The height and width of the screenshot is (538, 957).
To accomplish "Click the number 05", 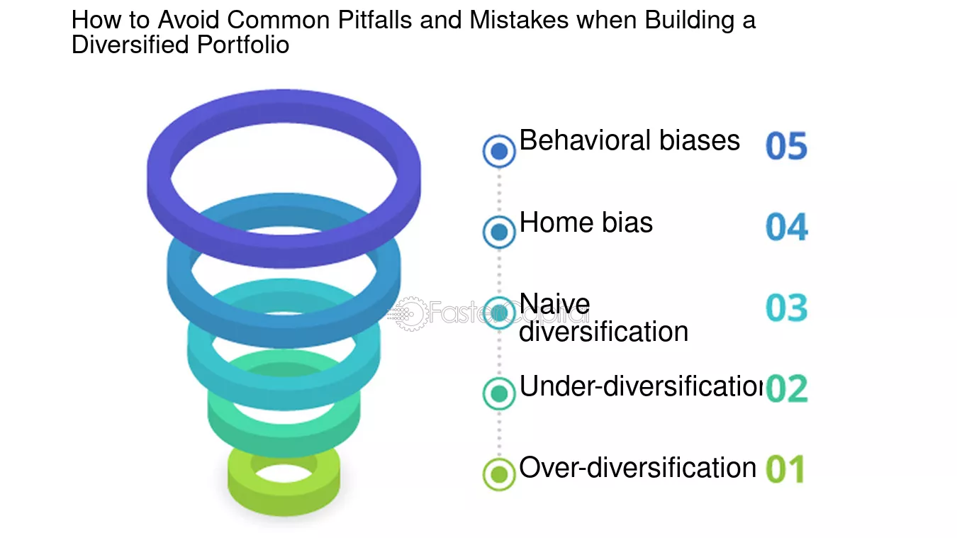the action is click(x=787, y=146).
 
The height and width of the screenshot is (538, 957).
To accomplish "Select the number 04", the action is click(x=787, y=227).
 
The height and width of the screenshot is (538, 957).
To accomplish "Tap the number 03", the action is click(x=787, y=308).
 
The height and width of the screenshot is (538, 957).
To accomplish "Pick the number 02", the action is click(x=787, y=388).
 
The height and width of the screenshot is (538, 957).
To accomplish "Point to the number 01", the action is click(x=785, y=469).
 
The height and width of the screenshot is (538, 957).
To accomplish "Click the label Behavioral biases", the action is click(x=629, y=140).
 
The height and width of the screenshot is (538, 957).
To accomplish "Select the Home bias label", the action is click(x=586, y=222).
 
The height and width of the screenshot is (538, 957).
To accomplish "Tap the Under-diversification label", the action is click(x=641, y=386).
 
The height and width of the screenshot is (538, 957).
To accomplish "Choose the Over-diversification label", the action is click(x=637, y=467).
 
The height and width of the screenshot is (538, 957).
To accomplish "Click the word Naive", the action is click(x=554, y=304).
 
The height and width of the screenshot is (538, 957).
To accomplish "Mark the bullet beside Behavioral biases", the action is click(x=499, y=151).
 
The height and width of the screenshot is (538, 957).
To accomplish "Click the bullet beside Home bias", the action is click(x=499, y=232).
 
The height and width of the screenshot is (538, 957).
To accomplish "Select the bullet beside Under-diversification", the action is click(x=499, y=393).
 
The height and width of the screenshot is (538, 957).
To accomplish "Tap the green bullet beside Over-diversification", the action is click(x=499, y=474).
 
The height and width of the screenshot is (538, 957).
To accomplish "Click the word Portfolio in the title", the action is click(x=243, y=45).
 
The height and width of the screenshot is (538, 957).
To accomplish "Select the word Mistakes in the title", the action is click(x=519, y=20).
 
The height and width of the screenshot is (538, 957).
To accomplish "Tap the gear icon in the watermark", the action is click(x=410, y=314).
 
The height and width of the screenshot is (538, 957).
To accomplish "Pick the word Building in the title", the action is click(x=690, y=20).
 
